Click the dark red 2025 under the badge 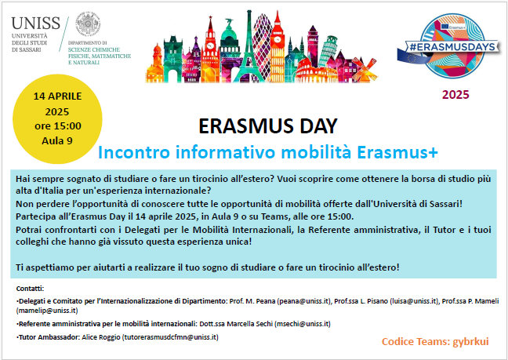point(454,95)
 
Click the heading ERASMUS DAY point(268,126)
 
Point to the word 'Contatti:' point(30,289)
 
